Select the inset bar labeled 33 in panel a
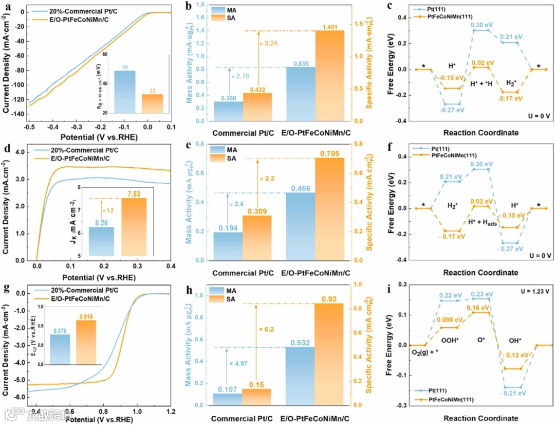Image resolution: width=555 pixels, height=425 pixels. [152, 103]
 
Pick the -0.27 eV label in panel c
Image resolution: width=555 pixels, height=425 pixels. [452, 110]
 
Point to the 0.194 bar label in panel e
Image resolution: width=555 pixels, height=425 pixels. [228, 227]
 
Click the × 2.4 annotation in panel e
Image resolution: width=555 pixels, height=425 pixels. [239, 204]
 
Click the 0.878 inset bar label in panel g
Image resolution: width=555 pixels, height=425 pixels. [60, 330]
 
